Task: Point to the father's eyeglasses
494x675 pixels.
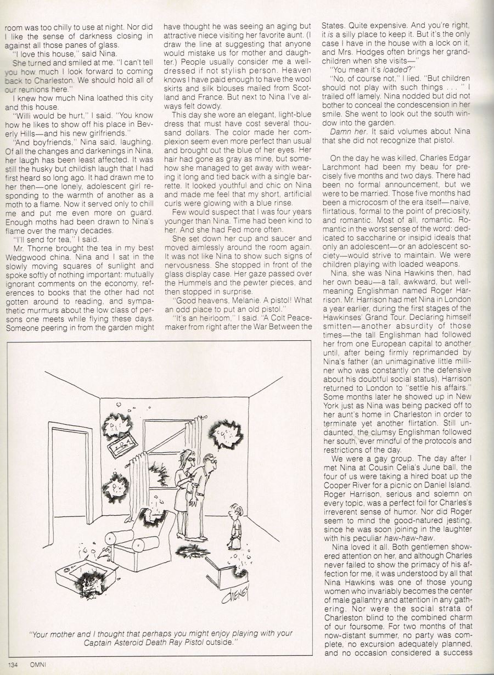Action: point(205,463)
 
